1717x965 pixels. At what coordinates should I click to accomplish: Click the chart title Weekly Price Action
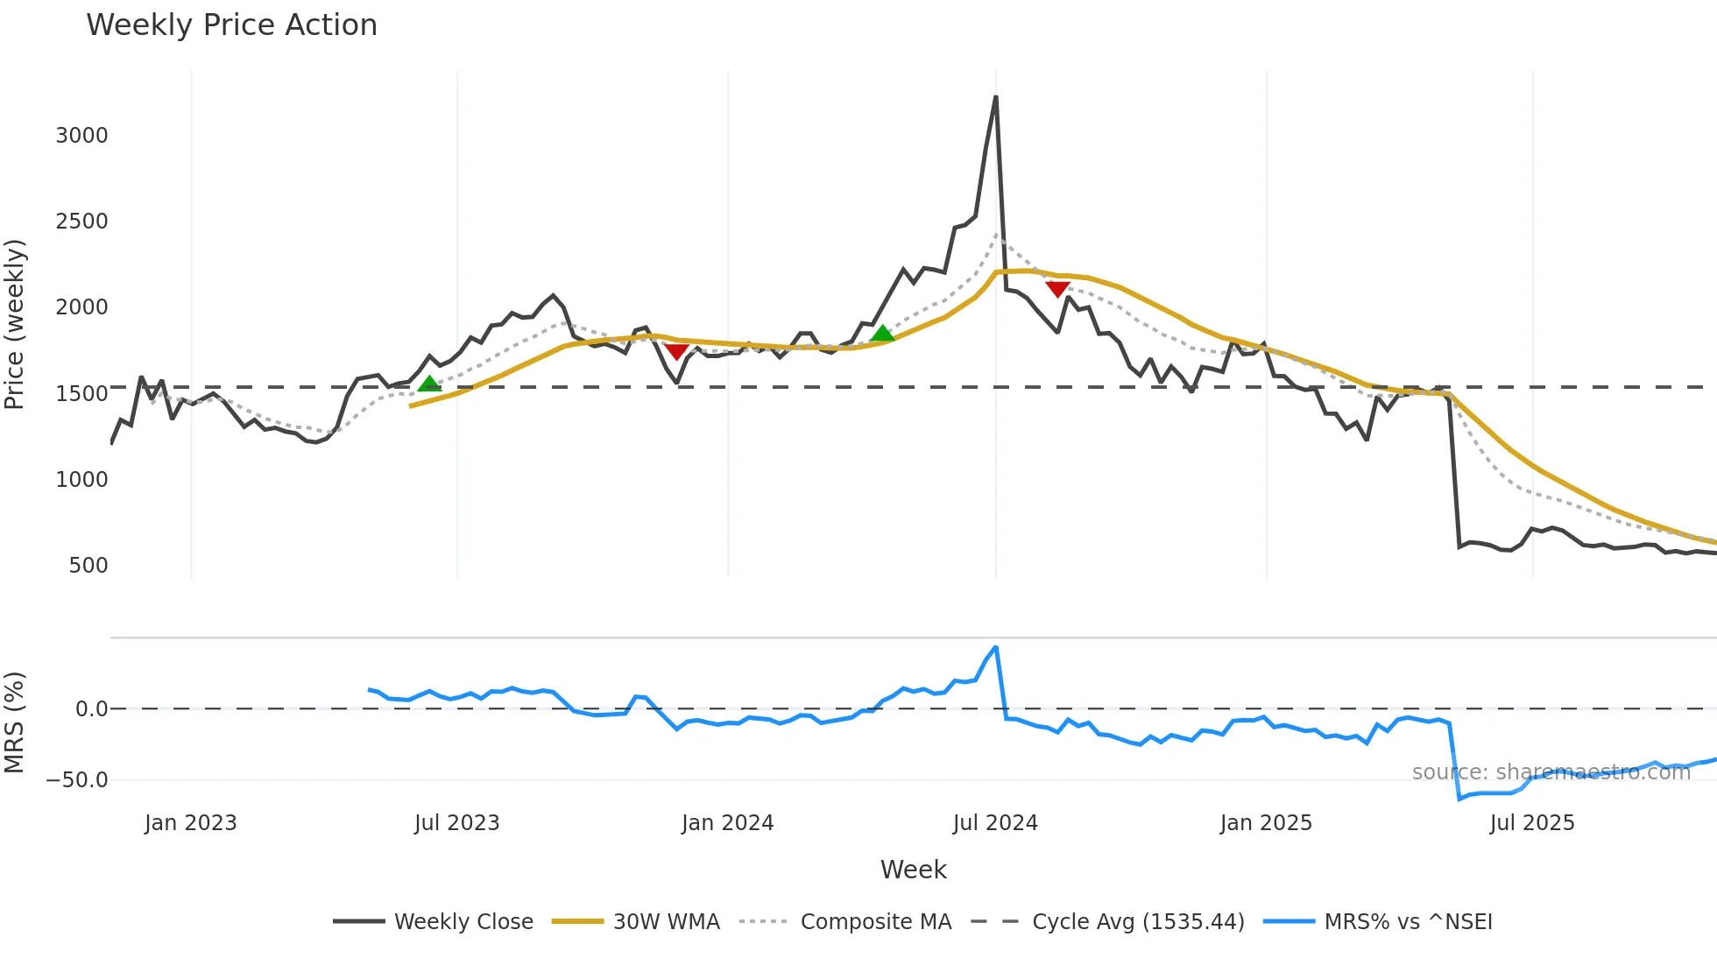point(231,25)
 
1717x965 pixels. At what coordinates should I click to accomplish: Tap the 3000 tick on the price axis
point(81,136)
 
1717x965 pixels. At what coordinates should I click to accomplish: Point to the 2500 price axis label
point(81,222)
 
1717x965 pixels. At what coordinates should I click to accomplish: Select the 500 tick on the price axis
point(88,566)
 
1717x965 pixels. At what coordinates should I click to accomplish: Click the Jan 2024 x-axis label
point(727,823)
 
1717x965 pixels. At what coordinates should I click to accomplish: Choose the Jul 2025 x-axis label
point(1532,823)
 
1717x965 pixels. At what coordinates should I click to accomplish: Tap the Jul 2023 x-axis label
point(456,823)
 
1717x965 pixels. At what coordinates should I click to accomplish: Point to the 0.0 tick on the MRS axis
point(91,709)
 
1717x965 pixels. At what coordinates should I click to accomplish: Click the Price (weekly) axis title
point(15,324)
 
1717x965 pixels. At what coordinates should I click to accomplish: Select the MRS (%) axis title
point(15,722)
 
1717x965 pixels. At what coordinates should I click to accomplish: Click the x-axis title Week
point(913,870)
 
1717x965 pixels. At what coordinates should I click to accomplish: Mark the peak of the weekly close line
point(996,97)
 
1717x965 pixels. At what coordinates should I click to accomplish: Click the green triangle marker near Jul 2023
point(429,384)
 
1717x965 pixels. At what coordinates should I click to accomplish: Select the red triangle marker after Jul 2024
point(1057,289)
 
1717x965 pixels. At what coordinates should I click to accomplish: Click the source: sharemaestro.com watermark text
point(1551,772)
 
